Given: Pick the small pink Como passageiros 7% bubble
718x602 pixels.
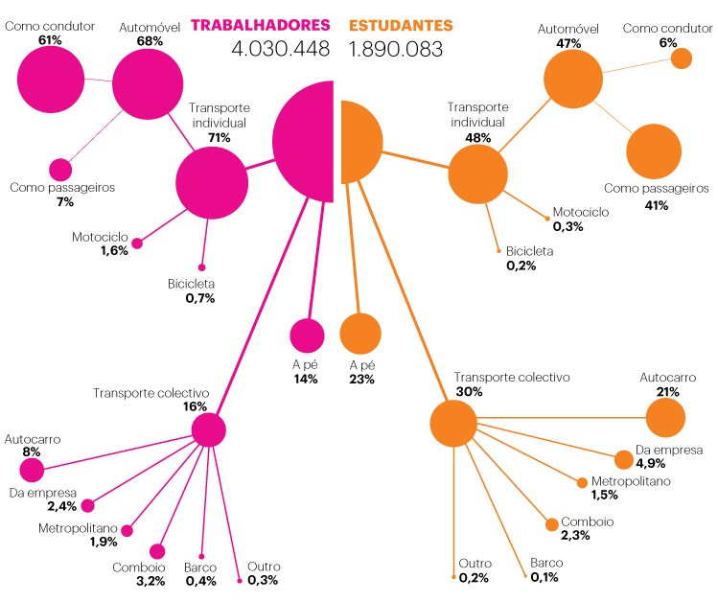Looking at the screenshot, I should point(60,170).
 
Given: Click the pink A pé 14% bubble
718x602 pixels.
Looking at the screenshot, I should point(308,336).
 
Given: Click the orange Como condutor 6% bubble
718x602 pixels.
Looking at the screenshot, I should point(681,58).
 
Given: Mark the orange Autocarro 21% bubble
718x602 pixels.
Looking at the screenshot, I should point(665,418).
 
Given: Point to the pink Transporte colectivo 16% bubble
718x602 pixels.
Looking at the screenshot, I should point(208,430).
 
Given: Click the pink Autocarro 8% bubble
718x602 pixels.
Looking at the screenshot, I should point(32,470).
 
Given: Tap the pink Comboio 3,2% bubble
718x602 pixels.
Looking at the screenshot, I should point(157,551).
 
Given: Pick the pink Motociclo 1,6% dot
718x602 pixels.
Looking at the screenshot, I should point(136,243).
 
